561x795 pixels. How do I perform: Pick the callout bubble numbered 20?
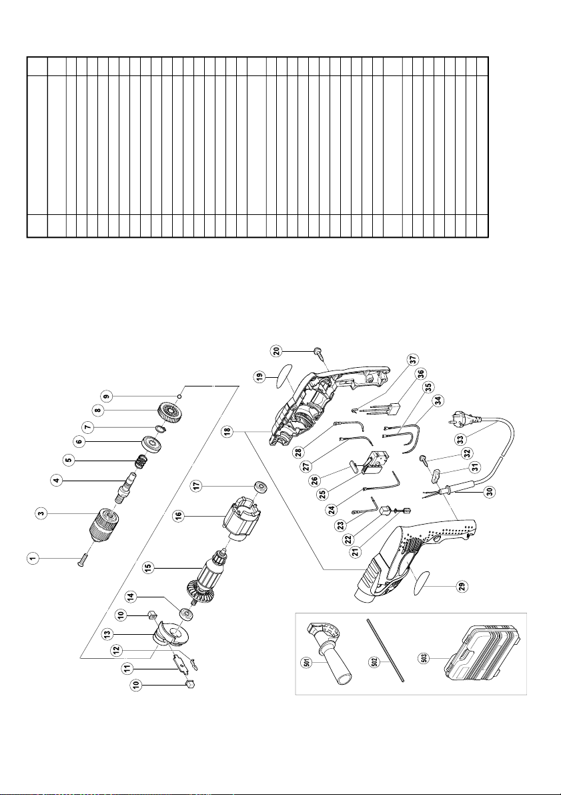[277, 350]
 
